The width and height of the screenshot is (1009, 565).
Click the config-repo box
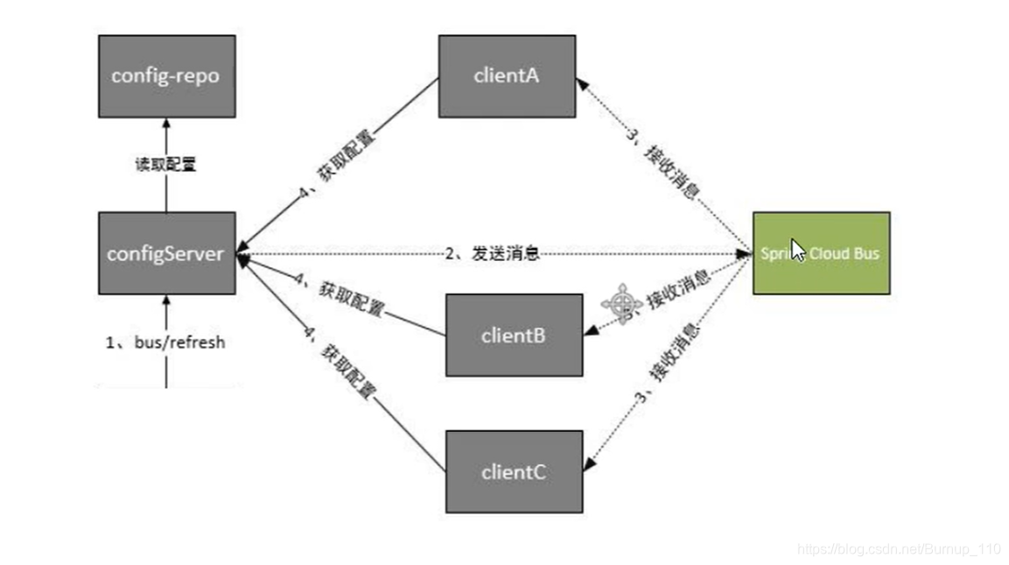pos(166,76)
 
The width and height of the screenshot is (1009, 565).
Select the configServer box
pos(166,253)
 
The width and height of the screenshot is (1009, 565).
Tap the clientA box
pos(507,76)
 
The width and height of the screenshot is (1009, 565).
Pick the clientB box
pos(514,335)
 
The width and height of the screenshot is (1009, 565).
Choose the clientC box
pos(514,471)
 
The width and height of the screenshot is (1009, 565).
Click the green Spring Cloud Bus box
pos(821,253)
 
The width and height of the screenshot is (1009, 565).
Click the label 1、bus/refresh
pos(165,343)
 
